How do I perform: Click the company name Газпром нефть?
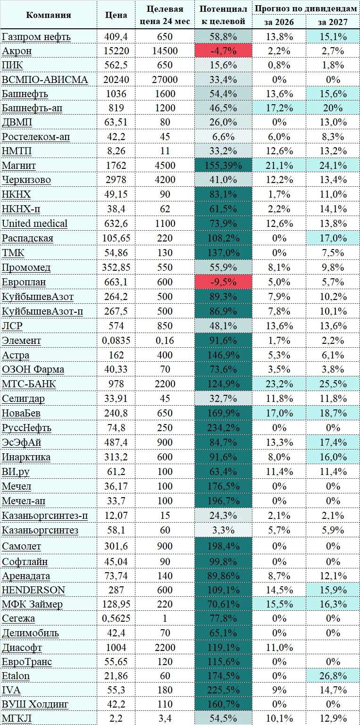36,37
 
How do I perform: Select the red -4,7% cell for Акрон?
223,51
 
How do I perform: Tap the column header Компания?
49,15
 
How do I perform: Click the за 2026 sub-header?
279,22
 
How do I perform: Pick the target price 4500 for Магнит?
165,166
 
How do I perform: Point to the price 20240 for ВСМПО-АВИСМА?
116,80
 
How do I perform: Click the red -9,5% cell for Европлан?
223,282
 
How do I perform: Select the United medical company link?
34,223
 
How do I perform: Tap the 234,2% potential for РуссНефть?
223,427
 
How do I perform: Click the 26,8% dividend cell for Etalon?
333,676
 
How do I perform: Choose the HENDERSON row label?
33,590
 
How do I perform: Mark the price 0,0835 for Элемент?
116,341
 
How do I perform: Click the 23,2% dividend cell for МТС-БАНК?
279,384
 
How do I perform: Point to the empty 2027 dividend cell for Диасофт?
333,647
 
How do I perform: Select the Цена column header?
116,15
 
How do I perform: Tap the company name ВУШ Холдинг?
35,704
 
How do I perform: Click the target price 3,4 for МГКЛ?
165,718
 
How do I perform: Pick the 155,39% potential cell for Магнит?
223,166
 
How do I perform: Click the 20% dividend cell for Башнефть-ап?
333,108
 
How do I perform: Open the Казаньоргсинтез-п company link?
45,516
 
